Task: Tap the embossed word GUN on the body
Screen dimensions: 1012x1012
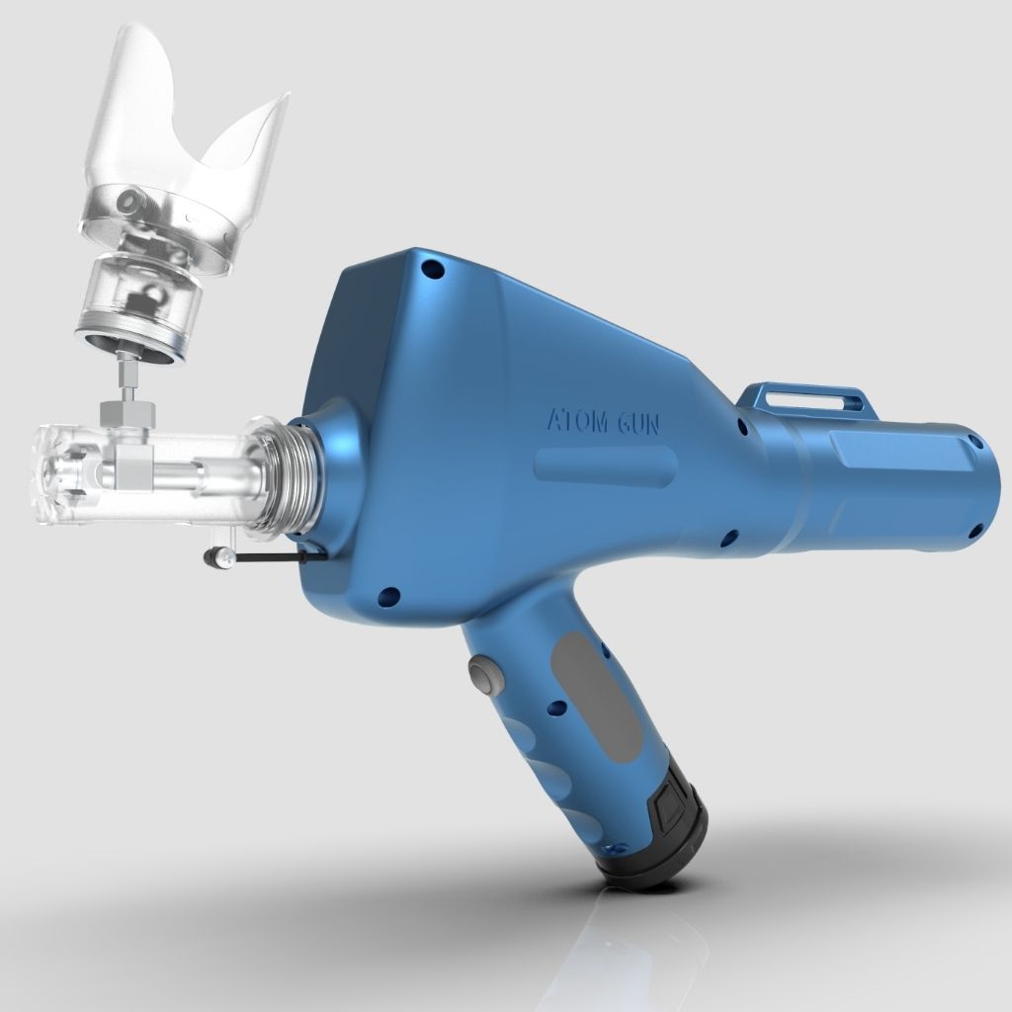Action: coord(638,423)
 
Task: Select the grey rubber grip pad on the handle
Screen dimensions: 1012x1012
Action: coord(594,697)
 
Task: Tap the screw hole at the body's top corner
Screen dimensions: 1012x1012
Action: coord(432,269)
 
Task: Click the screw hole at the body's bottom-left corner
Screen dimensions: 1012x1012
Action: coord(387,597)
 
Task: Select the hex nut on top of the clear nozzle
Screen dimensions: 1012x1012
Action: coord(128,412)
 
